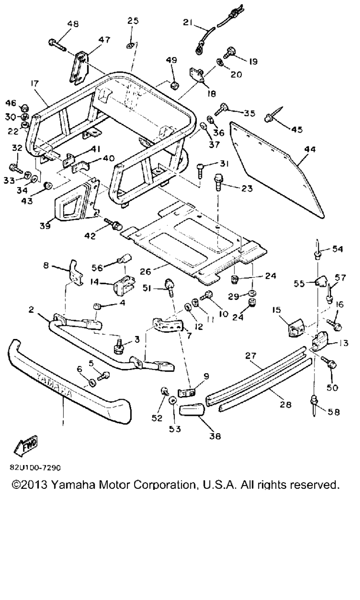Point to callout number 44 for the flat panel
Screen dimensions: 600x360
pyautogui.click(x=310, y=150)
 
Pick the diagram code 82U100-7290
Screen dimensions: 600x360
pyautogui.click(x=35, y=467)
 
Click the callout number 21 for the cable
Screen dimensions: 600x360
pyautogui.click(x=187, y=22)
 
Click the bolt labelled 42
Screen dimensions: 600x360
pyautogui.click(x=113, y=224)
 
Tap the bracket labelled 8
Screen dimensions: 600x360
pyautogui.click(x=75, y=270)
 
